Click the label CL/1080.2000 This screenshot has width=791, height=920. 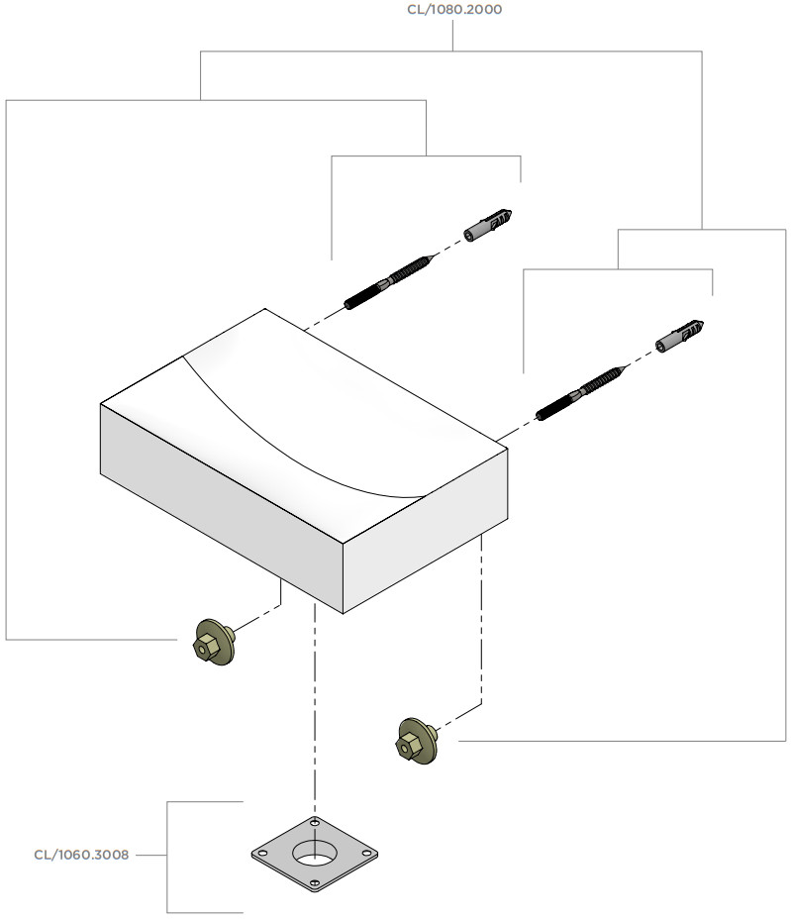(x=453, y=10)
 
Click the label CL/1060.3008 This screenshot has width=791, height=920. (x=81, y=854)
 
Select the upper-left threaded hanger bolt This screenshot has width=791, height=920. (x=388, y=281)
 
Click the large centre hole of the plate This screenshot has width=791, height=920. (x=313, y=853)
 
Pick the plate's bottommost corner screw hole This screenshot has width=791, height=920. (x=316, y=884)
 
